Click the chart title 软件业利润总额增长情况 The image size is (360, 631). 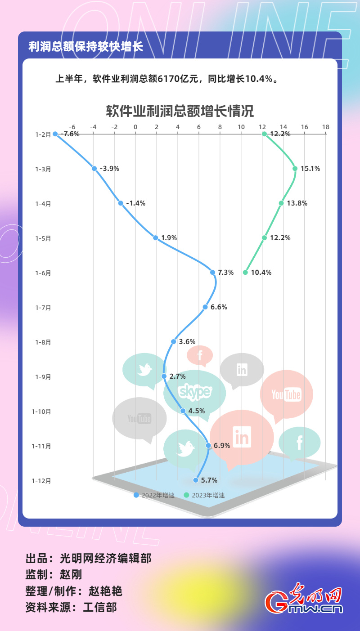tap(180, 111)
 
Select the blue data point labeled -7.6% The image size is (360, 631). tap(55, 134)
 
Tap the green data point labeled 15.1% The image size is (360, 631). tap(295, 169)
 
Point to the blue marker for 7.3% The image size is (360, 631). tap(212, 273)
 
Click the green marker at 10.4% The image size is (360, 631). tap(245, 273)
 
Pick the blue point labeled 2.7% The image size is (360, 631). tap(164, 376)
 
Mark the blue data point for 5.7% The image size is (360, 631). tap(196, 480)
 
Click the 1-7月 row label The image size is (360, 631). tap(43, 308)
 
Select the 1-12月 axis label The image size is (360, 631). tap(41, 481)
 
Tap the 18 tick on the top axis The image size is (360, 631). tap(325, 127)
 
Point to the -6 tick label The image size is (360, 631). tap(72, 127)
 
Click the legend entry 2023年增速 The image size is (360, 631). tap(204, 495)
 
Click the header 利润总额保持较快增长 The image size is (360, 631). tap(85, 47)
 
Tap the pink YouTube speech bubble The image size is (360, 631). tap(286, 394)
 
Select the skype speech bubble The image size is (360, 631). tap(195, 392)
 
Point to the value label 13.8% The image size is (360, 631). tap(297, 203)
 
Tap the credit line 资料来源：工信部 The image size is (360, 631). tap(71, 607)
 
